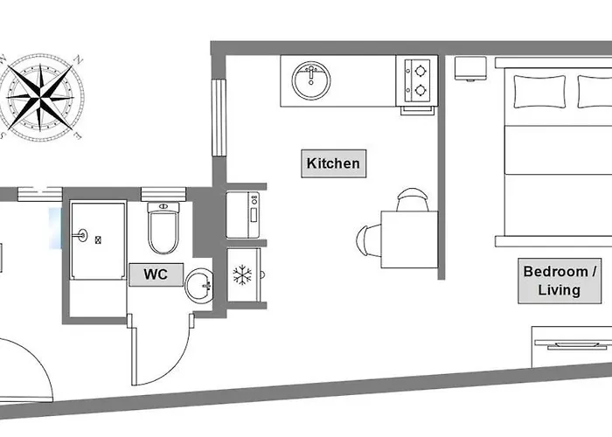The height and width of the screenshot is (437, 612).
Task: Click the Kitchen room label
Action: coord(333,163)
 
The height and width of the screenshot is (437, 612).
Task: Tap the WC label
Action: coord(156,274)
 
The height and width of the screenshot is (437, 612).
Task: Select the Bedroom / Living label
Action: coord(560,281)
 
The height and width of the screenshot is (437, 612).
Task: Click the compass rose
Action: coord(40,98)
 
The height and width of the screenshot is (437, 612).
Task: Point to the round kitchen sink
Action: coord(311,80)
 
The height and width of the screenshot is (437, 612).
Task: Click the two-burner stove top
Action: coord(417,80)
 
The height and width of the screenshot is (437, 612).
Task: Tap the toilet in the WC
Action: coord(163,228)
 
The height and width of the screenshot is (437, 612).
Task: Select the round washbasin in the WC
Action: coord(199,286)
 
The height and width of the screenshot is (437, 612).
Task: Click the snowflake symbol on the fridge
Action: coord(242,275)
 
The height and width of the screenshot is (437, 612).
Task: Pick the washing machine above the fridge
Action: coord(243,215)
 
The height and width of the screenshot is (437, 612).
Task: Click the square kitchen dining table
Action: coord(409,239)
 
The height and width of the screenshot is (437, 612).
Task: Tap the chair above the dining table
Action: coord(413,199)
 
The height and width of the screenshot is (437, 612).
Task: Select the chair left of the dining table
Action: coord(369,240)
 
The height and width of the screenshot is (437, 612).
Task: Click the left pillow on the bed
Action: coord(539,92)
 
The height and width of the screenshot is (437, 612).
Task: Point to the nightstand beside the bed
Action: coord(470,69)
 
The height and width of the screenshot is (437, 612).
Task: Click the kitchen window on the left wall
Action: coord(219,118)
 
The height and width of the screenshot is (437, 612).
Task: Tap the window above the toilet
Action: coord(163,194)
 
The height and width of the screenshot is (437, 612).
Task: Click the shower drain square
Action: coord(98,240)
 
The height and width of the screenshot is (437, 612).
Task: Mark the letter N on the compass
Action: coord(79,60)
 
